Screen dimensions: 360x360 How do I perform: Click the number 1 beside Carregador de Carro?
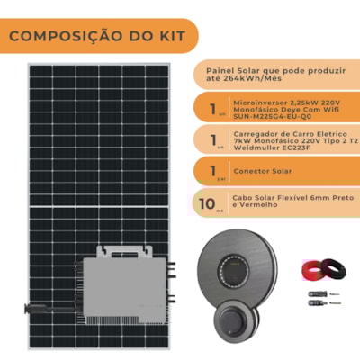209,141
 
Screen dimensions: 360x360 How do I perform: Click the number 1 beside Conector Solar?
209,168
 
